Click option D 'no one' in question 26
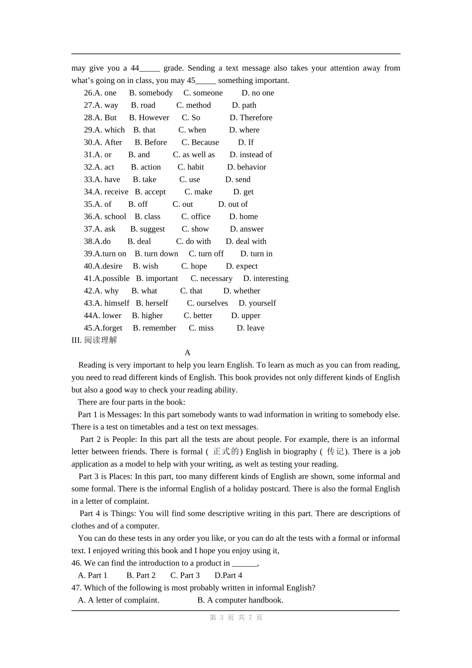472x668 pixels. [257, 93]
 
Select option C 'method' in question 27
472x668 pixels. [193, 105]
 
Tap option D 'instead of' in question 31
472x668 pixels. [250, 155]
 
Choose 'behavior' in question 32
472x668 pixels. [246, 167]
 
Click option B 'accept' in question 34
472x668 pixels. [150, 192]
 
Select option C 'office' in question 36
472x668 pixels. [196, 217]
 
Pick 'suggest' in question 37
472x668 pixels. [148, 229]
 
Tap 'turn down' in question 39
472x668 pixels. [157, 253]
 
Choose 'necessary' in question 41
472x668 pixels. [211, 278]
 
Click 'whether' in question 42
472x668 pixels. [241, 291]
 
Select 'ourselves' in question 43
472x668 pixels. [207, 303]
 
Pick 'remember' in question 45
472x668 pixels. [155, 328]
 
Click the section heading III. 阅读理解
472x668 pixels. [94, 340]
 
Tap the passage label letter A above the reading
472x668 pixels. [187, 353]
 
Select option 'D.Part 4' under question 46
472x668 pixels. [228, 576]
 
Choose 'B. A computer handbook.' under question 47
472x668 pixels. [240, 600]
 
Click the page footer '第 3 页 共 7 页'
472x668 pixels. [236, 617]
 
